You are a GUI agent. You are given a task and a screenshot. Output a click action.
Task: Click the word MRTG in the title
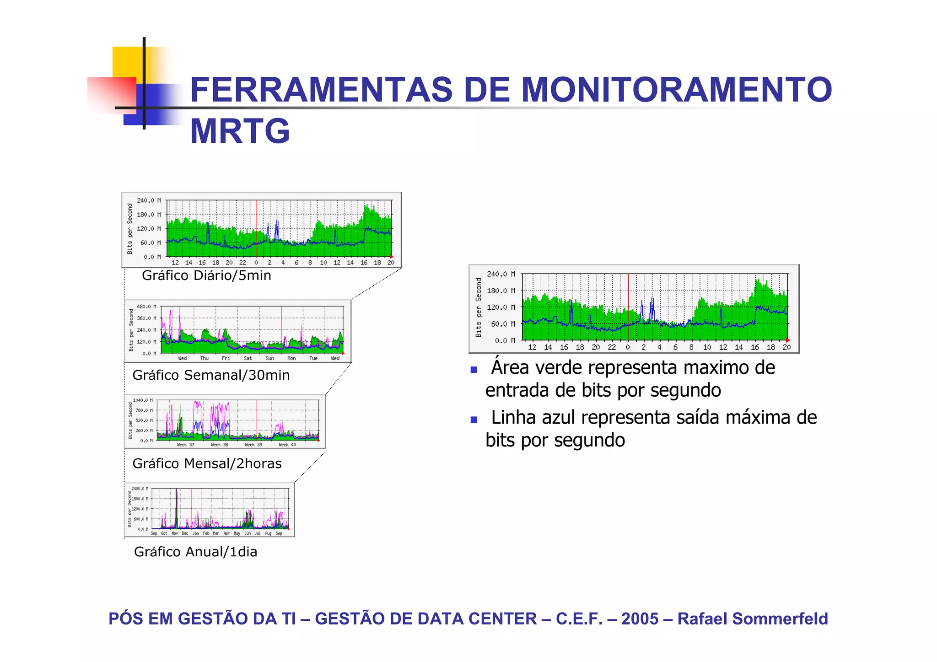pyautogui.click(x=240, y=131)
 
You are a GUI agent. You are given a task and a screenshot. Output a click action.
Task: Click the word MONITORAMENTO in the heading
pyautogui.click(x=676, y=90)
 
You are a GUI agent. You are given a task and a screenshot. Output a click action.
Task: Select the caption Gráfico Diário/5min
pyautogui.click(x=206, y=275)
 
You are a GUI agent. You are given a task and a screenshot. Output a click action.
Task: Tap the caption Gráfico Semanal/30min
pyautogui.click(x=211, y=375)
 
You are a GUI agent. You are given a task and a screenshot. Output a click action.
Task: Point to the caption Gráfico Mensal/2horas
pyautogui.click(x=207, y=463)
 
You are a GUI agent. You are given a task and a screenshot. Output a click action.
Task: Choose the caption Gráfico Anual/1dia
pyautogui.click(x=195, y=552)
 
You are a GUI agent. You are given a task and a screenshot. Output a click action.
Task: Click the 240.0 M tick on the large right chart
pyautogui.click(x=501, y=274)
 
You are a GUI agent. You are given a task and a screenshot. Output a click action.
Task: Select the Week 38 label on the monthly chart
pyautogui.click(x=219, y=445)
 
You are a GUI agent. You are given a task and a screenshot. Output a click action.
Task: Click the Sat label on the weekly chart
pyautogui.click(x=248, y=358)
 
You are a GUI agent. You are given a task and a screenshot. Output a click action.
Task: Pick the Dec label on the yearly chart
pyautogui.click(x=185, y=533)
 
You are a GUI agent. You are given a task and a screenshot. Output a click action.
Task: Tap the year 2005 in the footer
pyautogui.click(x=640, y=619)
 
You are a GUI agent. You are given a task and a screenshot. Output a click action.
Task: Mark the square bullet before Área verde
pyautogui.click(x=474, y=370)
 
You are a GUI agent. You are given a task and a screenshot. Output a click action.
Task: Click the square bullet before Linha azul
pyautogui.click(x=474, y=420)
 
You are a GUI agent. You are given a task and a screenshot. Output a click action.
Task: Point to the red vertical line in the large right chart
pyautogui.click(x=628, y=307)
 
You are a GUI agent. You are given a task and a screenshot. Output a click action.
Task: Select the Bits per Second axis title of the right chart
pyautogui.click(x=479, y=307)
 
